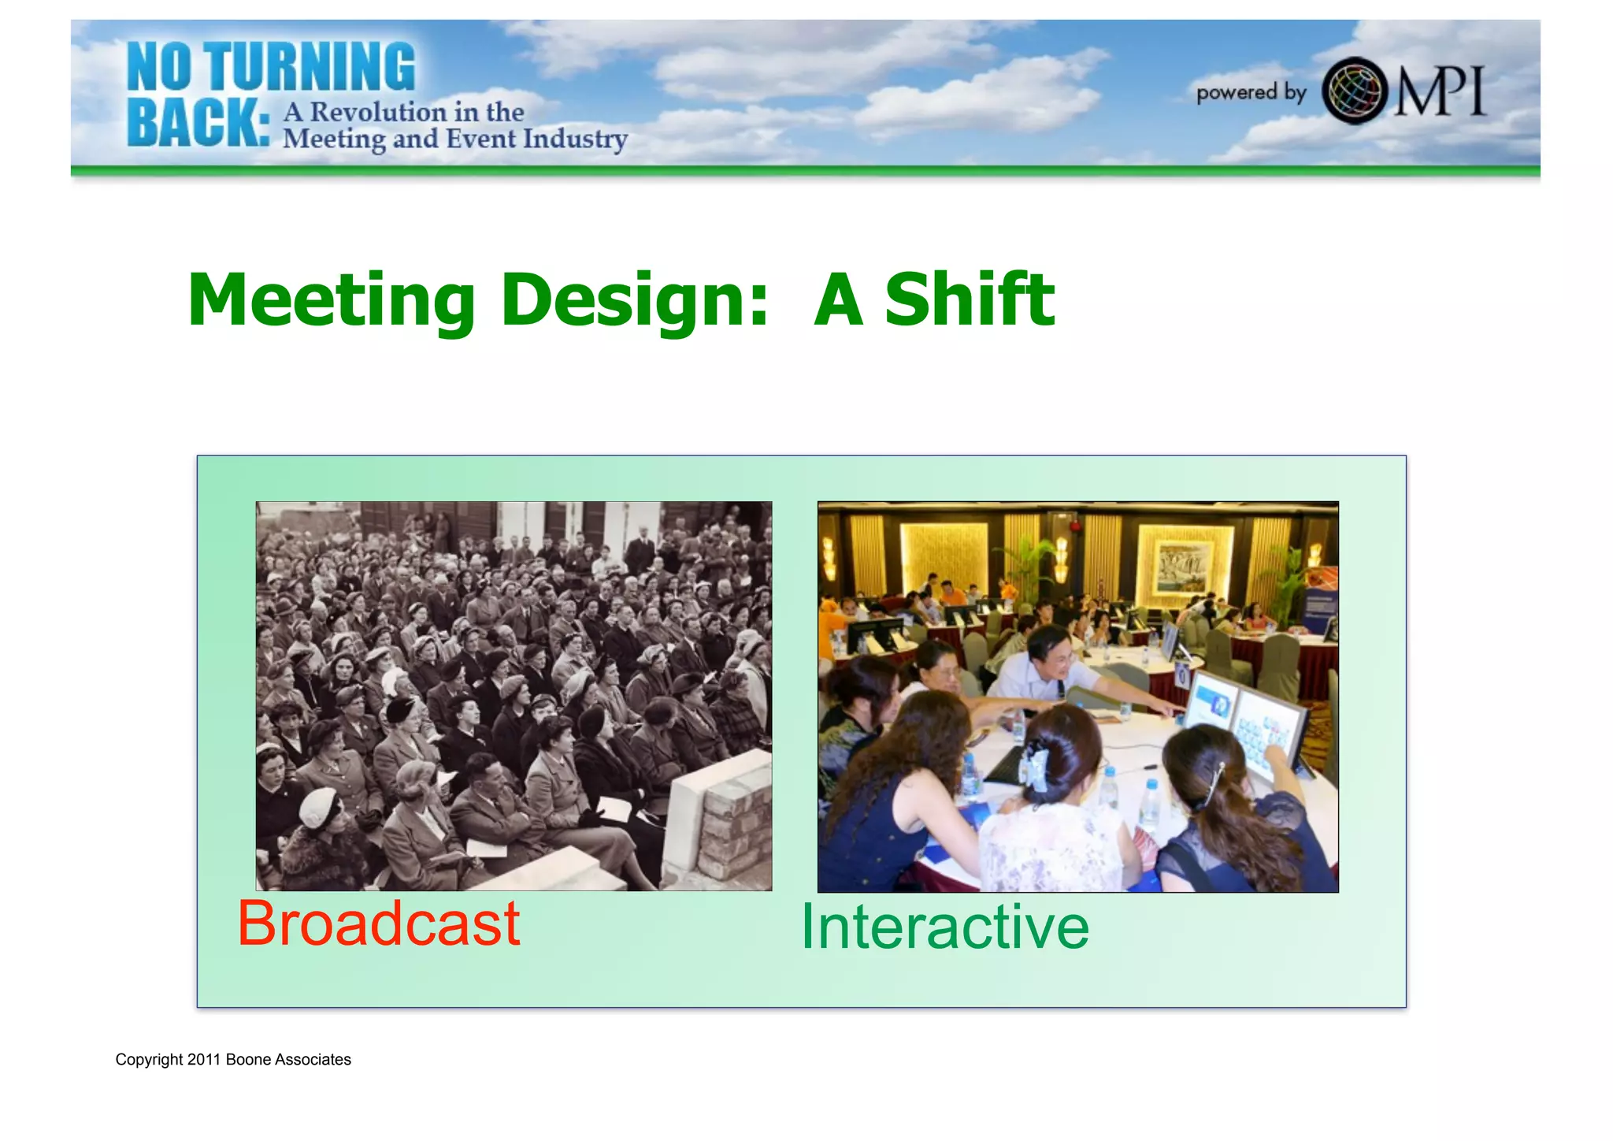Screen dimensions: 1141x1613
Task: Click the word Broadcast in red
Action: click(x=378, y=924)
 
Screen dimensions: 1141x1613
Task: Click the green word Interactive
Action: click(x=944, y=927)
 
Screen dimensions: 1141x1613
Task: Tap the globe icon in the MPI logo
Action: click(x=1354, y=91)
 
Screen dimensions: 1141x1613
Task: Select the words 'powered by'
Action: click(x=1251, y=93)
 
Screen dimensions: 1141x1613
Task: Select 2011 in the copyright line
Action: click(x=203, y=1060)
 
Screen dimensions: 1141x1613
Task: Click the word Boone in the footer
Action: click(x=248, y=1060)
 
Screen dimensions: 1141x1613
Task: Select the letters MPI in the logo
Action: click(x=1440, y=91)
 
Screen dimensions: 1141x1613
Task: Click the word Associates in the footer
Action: click(x=313, y=1060)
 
